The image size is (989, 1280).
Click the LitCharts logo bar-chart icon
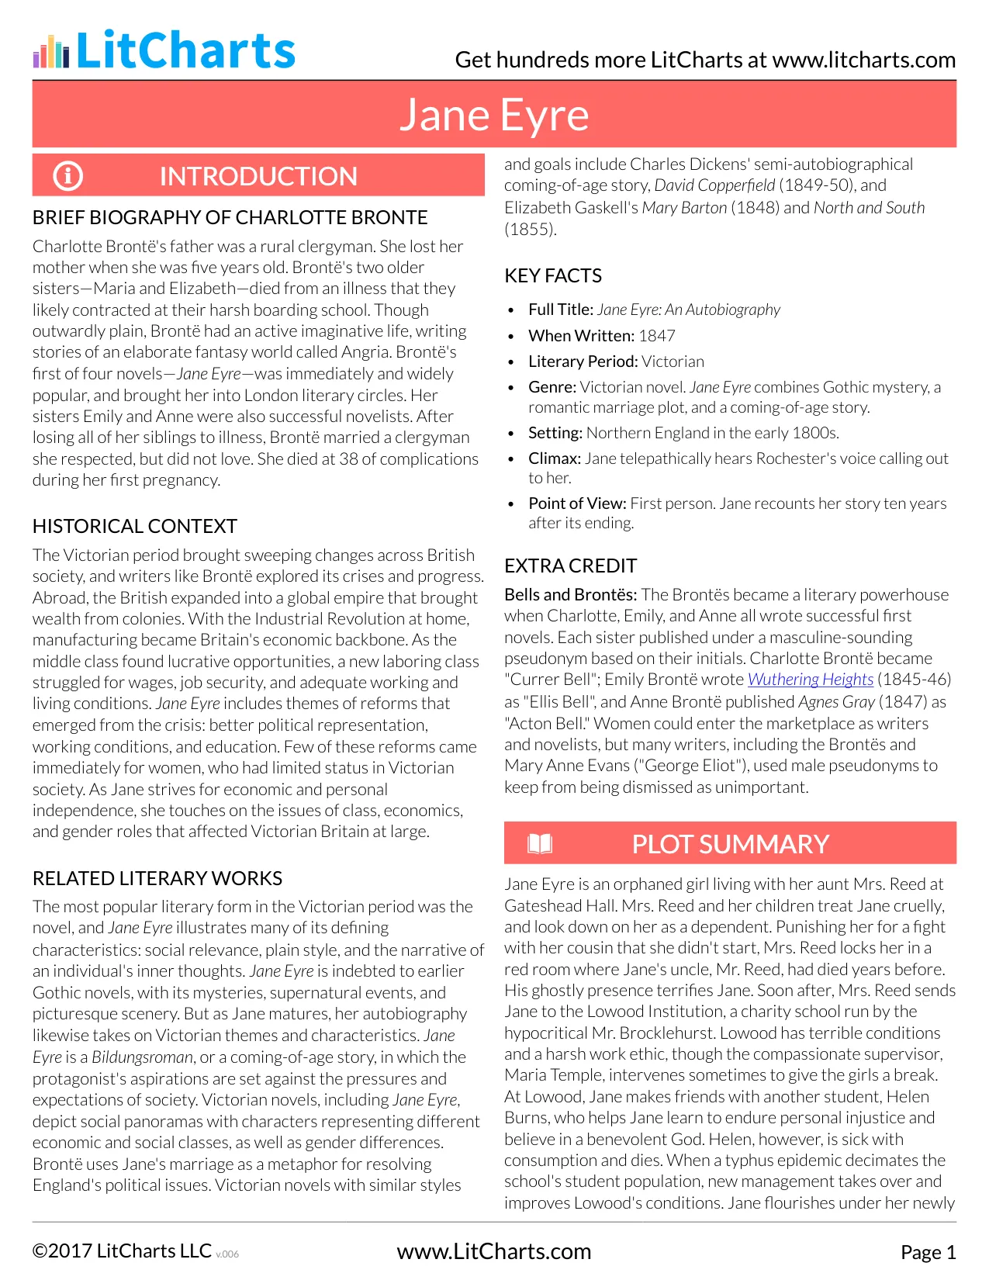(x=51, y=52)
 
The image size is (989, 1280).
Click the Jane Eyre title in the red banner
(x=494, y=115)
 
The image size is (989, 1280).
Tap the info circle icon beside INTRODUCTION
(x=67, y=176)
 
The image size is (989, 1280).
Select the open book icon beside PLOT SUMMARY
(x=540, y=843)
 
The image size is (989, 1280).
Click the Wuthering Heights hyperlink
(x=810, y=680)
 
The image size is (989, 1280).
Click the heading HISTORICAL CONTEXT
(x=134, y=526)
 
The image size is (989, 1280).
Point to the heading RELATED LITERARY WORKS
(x=157, y=878)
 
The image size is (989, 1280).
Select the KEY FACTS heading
(x=552, y=275)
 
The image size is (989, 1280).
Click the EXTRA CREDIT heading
(x=570, y=566)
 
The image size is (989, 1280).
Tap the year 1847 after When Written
(x=656, y=336)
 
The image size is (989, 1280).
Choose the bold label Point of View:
(x=577, y=503)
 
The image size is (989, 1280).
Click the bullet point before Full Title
(x=510, y=310)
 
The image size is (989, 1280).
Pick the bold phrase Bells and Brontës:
(x=570, y=595)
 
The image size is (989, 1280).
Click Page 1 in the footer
(x=928, y=1252)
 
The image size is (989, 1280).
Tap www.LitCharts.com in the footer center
(x=493, y=1251)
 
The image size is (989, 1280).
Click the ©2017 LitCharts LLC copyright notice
(x=122, y=1251)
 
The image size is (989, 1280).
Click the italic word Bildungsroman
(x=142, y=1057)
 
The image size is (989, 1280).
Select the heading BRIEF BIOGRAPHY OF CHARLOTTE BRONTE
(x=230, y=217)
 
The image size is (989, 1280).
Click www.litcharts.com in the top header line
(x=863, y=60)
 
